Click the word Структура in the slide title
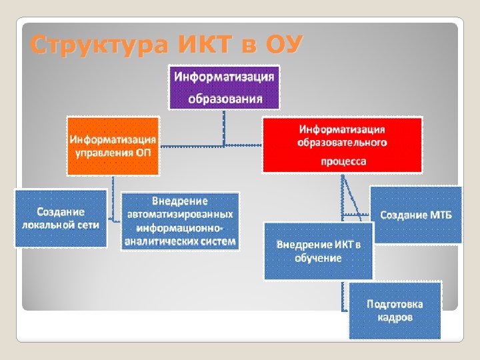pyautogui.click(x=100, y=46)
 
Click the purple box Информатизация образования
pyautogui.click(x=224, y=87)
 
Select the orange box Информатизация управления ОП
pyautogui.click(x=113, y=145)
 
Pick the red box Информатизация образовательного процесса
pyautogui.click(x=343, y=145)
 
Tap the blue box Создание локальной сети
pyautogui.click(x=61, y=218)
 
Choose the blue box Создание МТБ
pyautogui.click(x=415, y=215)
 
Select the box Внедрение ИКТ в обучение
pyautogui.click(x=318, y=251)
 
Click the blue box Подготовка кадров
pyautogui.click(x=395, y=310)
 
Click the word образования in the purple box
pyautogui.click(x=224, y=99)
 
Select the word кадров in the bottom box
pyautogui.click(x=395, y=317)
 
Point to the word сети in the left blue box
pyautogui.click(x=88, y=225)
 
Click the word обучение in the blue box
pyautogui.click(x=318, y=257)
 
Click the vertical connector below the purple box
pyautogui.click(x=224, y=127)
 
